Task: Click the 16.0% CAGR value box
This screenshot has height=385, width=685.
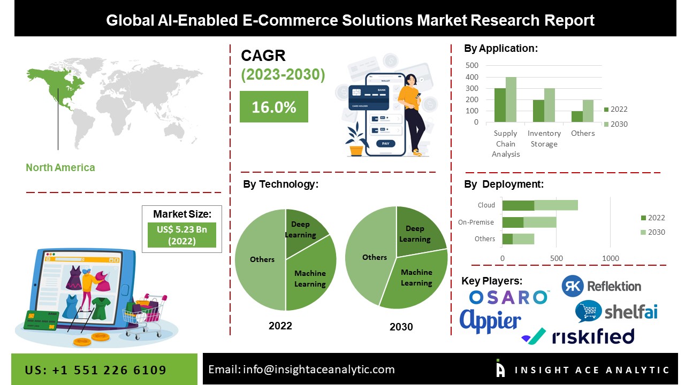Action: (273, 107)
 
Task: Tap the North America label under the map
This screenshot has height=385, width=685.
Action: (60, 167)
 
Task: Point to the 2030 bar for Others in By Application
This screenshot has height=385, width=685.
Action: (588, 111)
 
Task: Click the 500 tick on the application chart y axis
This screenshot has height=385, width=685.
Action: (472, 65)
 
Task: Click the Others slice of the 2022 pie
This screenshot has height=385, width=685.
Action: (261, 259)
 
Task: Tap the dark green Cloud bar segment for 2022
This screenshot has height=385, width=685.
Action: (518, 205)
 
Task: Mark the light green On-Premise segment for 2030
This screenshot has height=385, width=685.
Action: (539, 222)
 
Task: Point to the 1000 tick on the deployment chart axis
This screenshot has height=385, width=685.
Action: (611, 259)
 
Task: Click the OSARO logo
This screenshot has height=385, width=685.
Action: (508, 297)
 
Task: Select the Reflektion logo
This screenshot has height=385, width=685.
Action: (601, 286)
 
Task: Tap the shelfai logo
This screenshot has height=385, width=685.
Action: (616, 311)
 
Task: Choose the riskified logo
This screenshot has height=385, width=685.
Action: (577, 336)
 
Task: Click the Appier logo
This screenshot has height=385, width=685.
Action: (490, 321)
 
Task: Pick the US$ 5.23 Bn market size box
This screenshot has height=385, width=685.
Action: (182, 235)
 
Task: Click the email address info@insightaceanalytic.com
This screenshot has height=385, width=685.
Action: (301, 369)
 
